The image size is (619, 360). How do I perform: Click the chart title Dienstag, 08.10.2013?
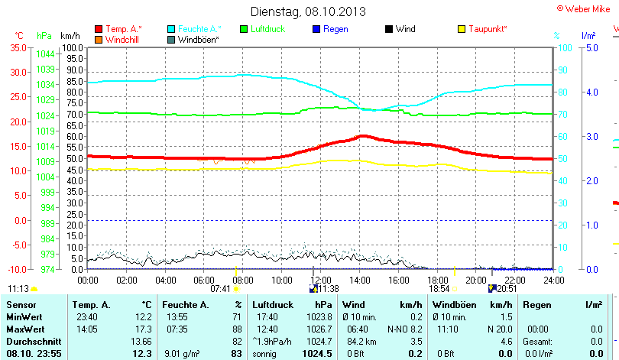click(x=308, y=11)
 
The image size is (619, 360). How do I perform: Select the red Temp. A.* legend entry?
click(x=123, y=29)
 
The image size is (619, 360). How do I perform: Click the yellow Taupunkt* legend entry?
click(x=487, y=29)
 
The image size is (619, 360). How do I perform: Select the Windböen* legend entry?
click(x=197, y=39)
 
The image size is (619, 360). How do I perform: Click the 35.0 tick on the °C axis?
click(x=17, y=47)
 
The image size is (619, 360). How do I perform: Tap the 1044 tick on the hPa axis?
click(x=45, y=54)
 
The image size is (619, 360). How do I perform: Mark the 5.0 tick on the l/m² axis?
click(x=591, y=47)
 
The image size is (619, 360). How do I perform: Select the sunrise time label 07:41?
click(x=220, y=289)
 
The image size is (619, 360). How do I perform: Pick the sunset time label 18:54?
click(x=439, y=289)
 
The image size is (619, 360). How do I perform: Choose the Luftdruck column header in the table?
click(x=273, y=305)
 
